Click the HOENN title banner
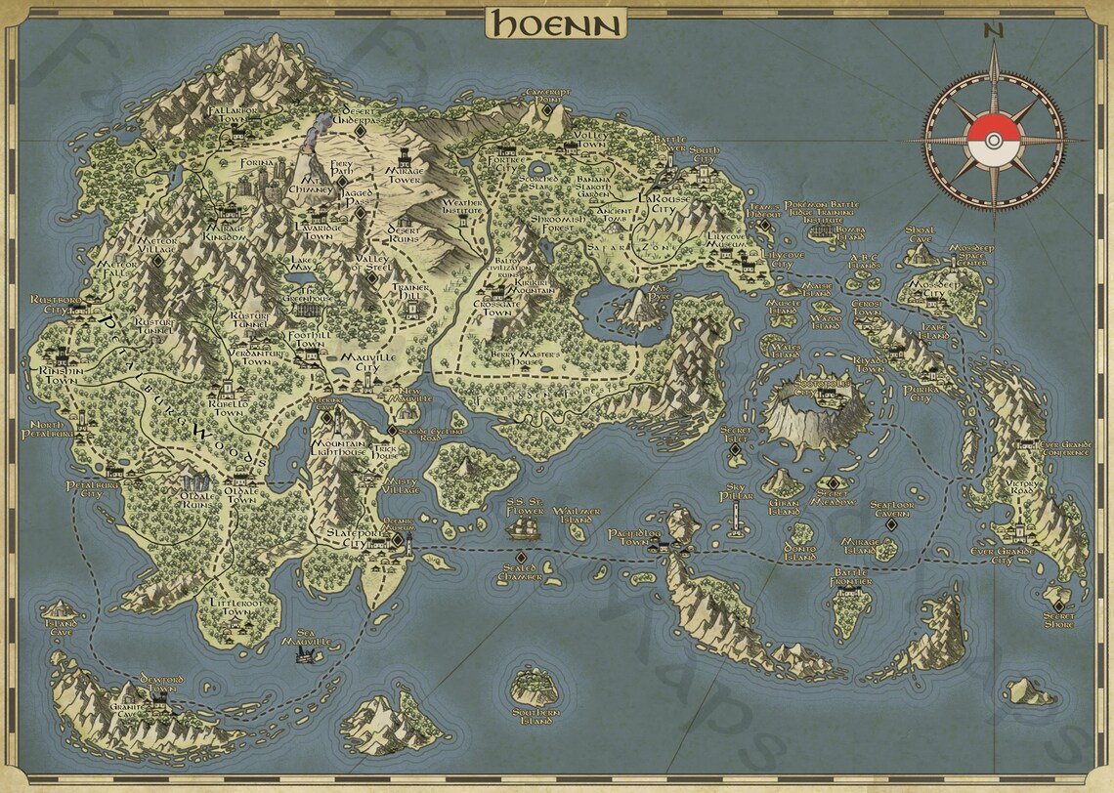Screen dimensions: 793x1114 click(x=556, y=22)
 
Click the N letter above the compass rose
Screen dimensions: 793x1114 click(x=994, y=29)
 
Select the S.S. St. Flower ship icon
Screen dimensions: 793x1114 click(x=523, y=528)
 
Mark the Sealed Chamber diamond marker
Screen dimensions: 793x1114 click(x=520, y=557)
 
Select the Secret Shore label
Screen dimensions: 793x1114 click(x=1058, y=620)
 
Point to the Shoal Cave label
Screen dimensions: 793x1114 click(x=920, y=235)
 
